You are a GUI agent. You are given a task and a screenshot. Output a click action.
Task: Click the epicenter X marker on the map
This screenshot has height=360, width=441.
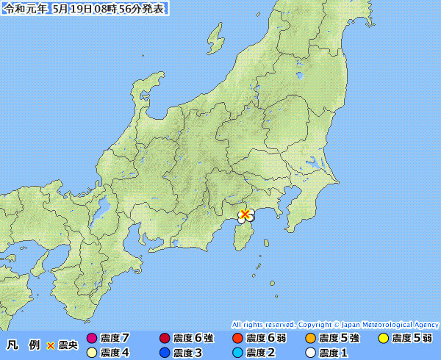245,214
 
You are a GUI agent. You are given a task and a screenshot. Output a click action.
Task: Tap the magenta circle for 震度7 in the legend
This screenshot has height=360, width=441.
92,339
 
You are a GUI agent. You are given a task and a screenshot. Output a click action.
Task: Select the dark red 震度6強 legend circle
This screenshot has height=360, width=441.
164,339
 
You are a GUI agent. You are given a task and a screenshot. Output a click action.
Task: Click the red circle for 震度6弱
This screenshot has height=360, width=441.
237,339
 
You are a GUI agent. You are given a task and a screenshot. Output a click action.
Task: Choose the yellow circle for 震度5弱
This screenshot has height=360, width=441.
383,339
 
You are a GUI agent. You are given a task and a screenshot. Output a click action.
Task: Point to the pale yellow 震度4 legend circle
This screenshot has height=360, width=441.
92,353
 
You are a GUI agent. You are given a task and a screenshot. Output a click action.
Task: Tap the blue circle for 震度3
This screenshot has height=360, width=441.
164,353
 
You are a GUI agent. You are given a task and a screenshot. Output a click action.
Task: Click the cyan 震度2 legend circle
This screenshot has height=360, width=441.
237,353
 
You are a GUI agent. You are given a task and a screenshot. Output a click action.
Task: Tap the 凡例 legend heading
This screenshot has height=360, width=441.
23,345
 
